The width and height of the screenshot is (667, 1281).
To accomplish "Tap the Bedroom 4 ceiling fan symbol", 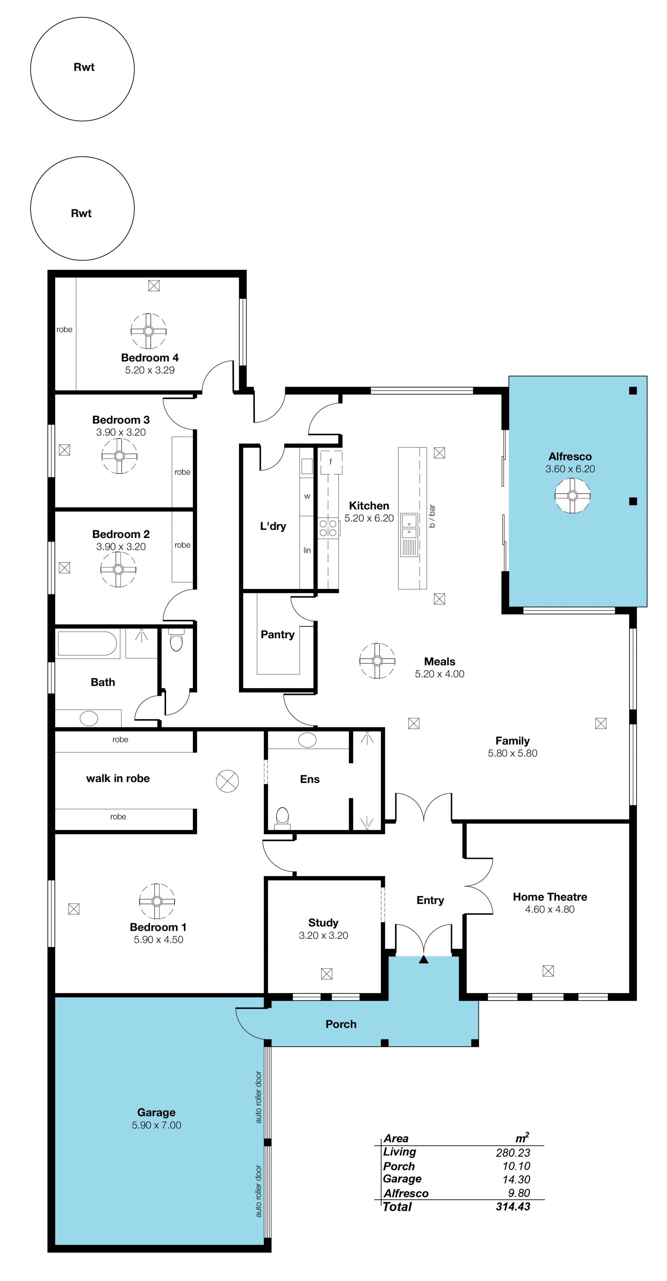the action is [x=148, y=331].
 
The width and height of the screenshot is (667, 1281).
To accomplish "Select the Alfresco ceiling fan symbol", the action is [x=573, y=495].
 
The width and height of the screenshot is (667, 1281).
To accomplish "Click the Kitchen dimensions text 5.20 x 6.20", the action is [x=369, y=518].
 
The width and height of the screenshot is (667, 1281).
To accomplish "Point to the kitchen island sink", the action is [x=409, y=527].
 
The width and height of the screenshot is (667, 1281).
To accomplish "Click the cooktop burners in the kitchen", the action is [x=328, y=528].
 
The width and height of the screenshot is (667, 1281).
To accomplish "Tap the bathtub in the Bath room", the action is [x=88, y=644].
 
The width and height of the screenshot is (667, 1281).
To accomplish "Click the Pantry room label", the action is [x=278, y=635].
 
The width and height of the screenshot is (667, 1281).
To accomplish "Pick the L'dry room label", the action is [x=273, y=526].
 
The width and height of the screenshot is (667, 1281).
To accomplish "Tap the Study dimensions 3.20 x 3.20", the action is [x=323, y=935].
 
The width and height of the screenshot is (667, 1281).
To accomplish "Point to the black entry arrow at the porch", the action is [x=423, y=959].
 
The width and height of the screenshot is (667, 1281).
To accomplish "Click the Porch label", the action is [x=341, y=1024].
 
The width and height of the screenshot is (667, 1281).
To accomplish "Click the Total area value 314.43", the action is [x=513, y=1206].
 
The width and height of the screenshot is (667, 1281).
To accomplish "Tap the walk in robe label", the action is [x=118, y=779].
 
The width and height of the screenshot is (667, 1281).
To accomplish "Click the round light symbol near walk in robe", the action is [x=227, y=781].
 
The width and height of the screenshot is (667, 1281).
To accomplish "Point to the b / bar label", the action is [x=432, y=516].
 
